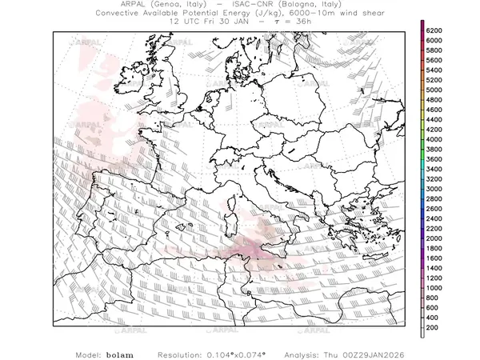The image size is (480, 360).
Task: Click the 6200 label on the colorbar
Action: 435,30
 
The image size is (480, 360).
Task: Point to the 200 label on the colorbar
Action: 433,327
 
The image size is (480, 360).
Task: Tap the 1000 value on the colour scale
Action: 435,287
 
